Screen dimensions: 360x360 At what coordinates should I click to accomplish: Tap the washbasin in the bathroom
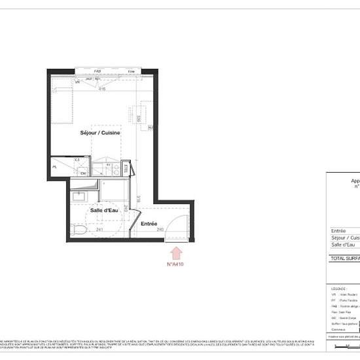(79, 196)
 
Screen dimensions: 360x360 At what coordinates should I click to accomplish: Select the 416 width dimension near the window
(102, 89)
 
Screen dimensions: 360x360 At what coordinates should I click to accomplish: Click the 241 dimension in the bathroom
(99, 230)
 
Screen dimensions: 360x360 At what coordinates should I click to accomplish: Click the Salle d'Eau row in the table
(344, 244)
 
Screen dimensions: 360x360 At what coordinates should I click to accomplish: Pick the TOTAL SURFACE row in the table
(344, 258)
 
